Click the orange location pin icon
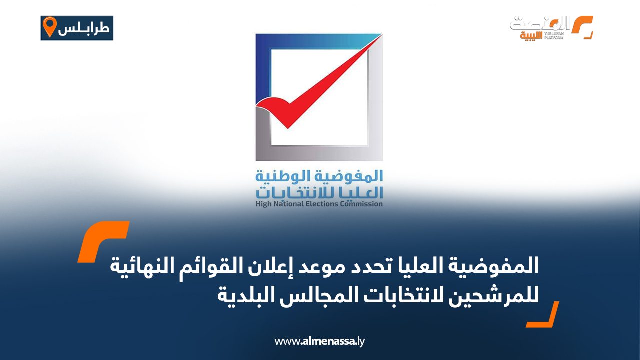(49, 27)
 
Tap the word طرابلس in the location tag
(84, 28)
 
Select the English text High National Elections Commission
(319, 204)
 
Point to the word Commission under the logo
(362, 204)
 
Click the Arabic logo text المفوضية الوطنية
(319, 176)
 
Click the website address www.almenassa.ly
(320, 342)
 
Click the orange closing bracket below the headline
(543, 315)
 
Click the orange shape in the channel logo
(581, 27)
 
